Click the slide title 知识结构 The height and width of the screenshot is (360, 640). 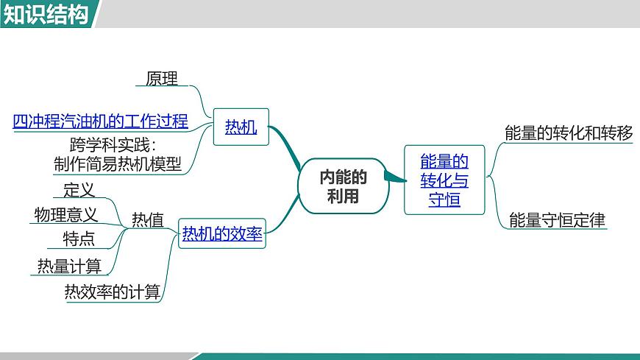tap(46, 14)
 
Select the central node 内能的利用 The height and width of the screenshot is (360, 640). tap(343, 186)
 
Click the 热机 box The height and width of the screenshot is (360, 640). tap(241, 127)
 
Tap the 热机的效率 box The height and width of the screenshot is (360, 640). tap(222, 235)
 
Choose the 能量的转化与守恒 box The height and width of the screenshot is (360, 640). tap(444, 180)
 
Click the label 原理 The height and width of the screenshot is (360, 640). tap(162, 78)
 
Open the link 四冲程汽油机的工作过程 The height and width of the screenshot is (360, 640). tap(101, 121)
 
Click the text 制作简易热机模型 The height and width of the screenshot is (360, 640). tap(118, 163)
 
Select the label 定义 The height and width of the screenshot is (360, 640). tap(79, 190)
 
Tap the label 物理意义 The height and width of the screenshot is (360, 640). tap(66, 214)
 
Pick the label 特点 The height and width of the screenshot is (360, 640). tap(79, 239)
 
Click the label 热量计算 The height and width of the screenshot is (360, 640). tap(69, 266)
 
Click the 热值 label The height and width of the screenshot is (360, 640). tap(148, 220)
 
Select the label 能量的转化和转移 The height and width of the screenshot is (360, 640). tap(569, 133)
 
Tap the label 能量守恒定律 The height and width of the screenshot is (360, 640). tap(557, 219)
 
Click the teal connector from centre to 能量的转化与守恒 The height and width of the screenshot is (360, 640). tap(394, 177)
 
